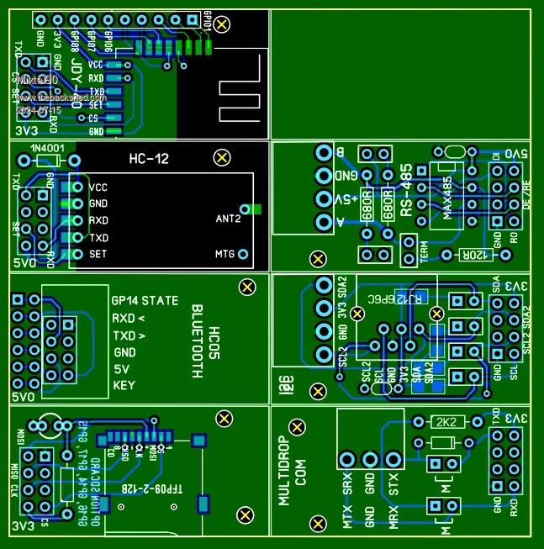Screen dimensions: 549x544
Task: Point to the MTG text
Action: pyautogui.click(x=224, y=254)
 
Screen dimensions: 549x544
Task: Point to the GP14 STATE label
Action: pyautogui.click(x=144, y=300)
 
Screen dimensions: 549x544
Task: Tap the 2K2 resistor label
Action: pyautogui.click(x=443, y=421)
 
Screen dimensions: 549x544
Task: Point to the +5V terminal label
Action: pyautogui.click(x=344, y=199)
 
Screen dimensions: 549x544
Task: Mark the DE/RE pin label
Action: pyautogui.click(x=526, y=196)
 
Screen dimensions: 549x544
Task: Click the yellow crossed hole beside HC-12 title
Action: pyautogui.click(x=222, y=157)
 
